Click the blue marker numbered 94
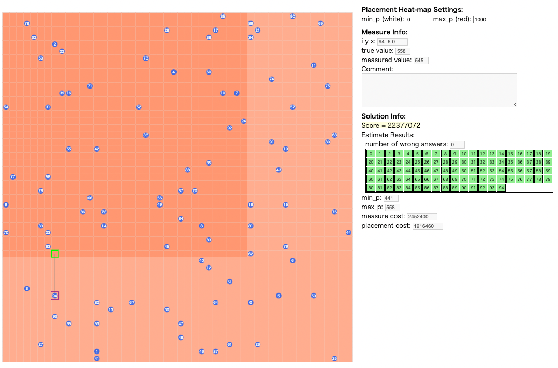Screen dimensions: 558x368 pyautogui.click(x=55, y=296)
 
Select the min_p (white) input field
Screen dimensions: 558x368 pyautogui.click(x=416, y=19)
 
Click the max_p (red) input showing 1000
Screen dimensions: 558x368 pyautogui.click(x=483, y=19)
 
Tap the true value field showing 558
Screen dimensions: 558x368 pyautogui.click(x=403, y=51)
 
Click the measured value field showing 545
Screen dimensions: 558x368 pyautogui.click(x=421, y=60)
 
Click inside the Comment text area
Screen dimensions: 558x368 pyautogui.click(x=439, y=90)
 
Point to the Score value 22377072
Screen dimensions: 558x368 pyautogui.click(x=404, y=125)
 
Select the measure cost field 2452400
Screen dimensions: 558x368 pyautogui.click(x=422, y=216)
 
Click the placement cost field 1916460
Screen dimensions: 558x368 pyautogui.click(x=428, y=226)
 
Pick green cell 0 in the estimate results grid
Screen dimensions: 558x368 pyautogui.click(x=371, y=154)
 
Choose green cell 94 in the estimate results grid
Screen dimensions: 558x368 pyautogui.click(x=501, y=187)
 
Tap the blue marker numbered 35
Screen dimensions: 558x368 pyautogui.click(x=223, y=16)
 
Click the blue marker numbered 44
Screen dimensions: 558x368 pyautogui.click(x=348, y=233)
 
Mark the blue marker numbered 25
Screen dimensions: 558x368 pyautogui.click(x=334, y=358)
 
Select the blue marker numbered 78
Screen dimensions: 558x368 pyautogui.click(x=27, y=23)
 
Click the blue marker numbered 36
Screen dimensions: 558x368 pyautogui.click(x=145, y=135)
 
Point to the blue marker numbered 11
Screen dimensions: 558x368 pyautogui.click(x=314, y=65)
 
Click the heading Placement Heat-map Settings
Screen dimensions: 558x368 pyautogui.click(x=412, y=10)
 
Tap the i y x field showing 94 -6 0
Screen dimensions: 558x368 pyautogui.click(x=392, y=41)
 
